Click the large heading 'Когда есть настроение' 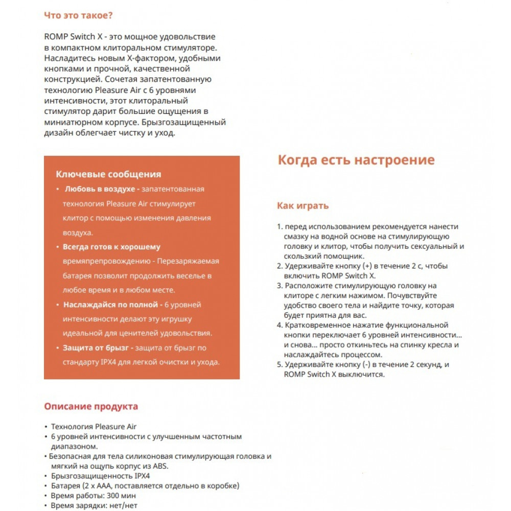coord(356,160)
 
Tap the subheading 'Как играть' coord(303,206)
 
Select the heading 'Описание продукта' coord(91,407)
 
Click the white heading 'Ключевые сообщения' coord(108,174)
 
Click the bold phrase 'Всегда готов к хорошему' coord(111,247)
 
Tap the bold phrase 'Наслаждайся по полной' coord(110,305)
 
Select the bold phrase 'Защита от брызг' coord(96,348)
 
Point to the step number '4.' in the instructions coord(280,325)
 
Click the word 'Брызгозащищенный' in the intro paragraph coord(188,123)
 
